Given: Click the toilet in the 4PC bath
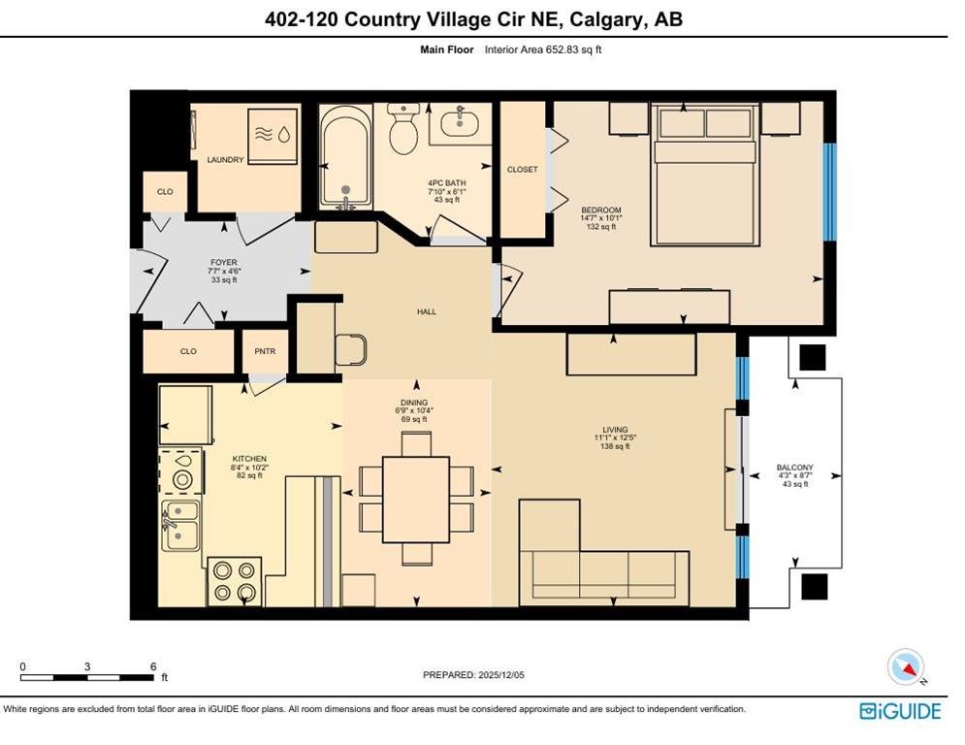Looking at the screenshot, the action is coord(403,128).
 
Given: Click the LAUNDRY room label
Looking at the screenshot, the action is coord(225,159).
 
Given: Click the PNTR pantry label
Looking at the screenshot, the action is coord(265,351).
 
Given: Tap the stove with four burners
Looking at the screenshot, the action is coord(235,581).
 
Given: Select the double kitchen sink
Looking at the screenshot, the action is coord(180,525).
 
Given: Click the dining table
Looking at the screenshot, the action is coord(416,500).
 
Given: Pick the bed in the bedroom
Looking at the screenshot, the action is coord(705,175).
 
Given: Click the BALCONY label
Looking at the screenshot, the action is coord(795,468).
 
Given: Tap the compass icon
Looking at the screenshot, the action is coord(907,666).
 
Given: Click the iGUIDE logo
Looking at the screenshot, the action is coord(900,711).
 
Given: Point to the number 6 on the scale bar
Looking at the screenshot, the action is coord(153,666).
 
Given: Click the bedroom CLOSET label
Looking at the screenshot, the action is coord(523,170).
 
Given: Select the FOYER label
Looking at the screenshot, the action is coord(223,262).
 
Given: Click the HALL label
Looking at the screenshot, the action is coord(427,311).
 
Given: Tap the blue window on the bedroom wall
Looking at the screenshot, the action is coord(829,191).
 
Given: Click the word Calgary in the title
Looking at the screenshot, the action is coord(606,19).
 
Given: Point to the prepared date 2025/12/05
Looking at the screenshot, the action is coord(501,675).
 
